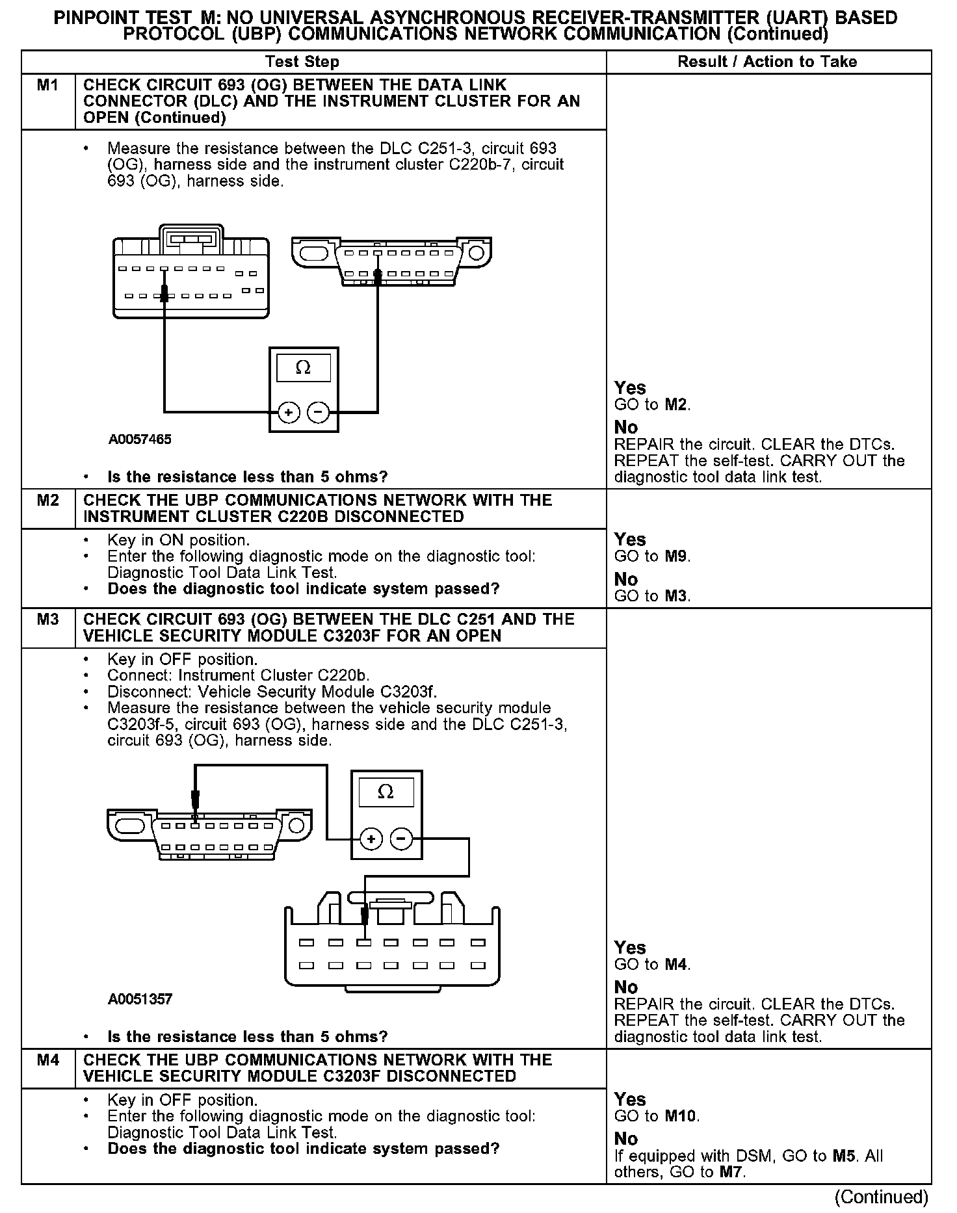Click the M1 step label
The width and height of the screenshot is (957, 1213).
(x=47, y=85)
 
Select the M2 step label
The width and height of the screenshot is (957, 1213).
(x=47, y=500)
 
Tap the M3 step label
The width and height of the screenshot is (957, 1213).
(x=47, y=619)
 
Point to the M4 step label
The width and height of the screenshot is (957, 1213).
(x=47, y=1060)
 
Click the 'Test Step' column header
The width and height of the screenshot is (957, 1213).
(x=302, y=62)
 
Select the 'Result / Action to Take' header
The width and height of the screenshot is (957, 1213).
(x=767, y=62)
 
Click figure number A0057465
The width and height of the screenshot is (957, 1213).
(x=140, y=439)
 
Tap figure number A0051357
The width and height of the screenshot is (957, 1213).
(x=140, y=999)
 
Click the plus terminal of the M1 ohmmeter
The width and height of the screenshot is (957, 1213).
(x=288, y=412)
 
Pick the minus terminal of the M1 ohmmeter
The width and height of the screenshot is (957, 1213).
(x=318, y=412)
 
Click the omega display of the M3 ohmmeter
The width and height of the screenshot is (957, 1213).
(x=386, y=792)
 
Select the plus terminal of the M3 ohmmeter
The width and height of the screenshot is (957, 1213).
(x=371, y=839)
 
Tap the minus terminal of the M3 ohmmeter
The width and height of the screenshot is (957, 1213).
(x=401, y=839)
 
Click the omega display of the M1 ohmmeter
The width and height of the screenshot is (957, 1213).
(x=303, y=368)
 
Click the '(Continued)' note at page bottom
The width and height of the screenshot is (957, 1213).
(x=881, y=1197)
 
